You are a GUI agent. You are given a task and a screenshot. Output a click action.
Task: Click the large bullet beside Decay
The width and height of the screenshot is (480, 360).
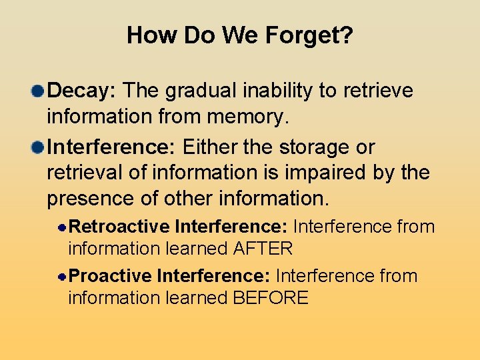(x=39, y=90)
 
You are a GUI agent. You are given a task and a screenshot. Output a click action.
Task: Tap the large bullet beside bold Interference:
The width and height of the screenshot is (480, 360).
(x=39, y=147)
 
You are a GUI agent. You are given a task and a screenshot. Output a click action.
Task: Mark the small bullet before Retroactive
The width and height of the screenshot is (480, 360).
(x=61, y=227)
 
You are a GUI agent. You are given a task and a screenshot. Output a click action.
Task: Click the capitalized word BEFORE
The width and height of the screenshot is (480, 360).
(x=270, y=298)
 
